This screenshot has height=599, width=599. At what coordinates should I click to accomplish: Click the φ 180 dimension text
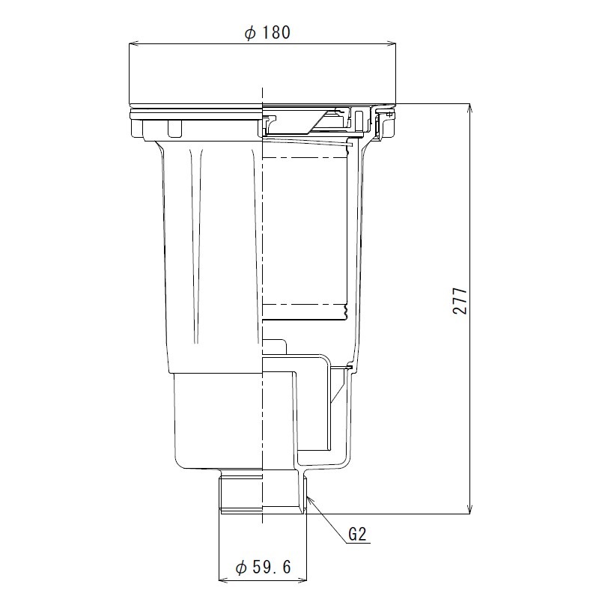[x=267, y=33]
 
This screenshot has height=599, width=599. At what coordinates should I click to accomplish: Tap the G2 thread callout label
[x=357, y=536]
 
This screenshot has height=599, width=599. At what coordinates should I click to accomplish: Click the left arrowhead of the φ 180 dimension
[x=133, y=44]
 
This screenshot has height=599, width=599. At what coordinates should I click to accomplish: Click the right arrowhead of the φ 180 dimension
[x=392, y=44]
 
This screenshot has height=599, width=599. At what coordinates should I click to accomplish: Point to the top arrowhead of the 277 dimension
[x=471, y=107]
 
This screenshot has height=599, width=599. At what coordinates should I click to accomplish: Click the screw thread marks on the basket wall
[x=346, y=307]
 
